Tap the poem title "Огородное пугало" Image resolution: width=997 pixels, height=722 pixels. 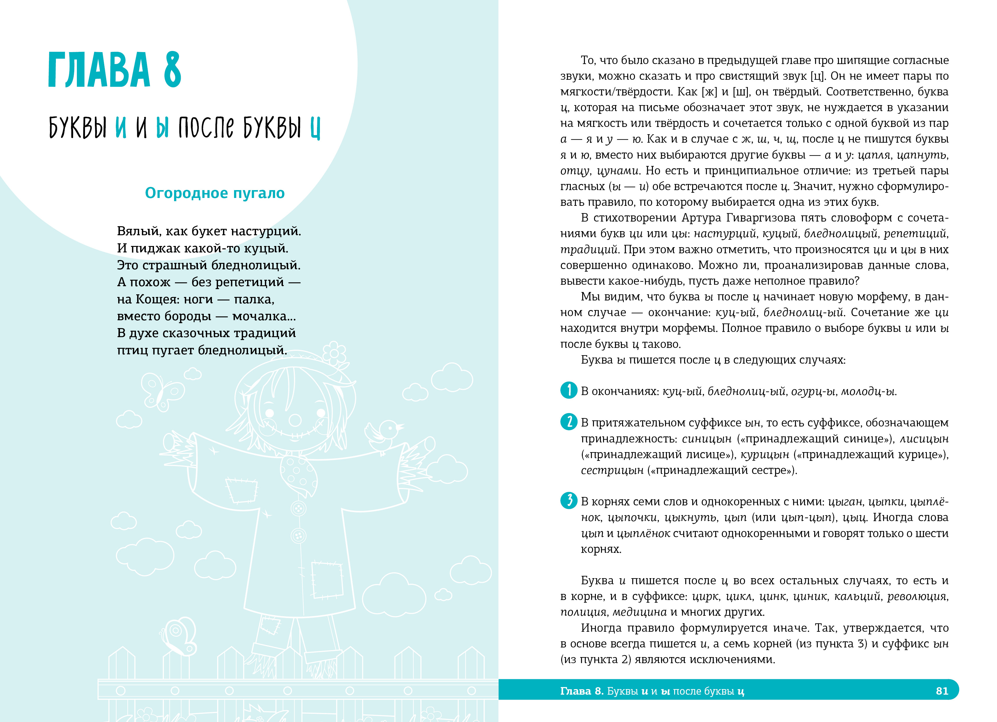(215, 193)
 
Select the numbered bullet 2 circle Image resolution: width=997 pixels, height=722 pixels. (569, 422)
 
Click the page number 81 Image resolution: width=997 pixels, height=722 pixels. (942, 691)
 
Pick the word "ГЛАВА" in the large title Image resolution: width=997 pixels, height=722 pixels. (99, 70)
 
